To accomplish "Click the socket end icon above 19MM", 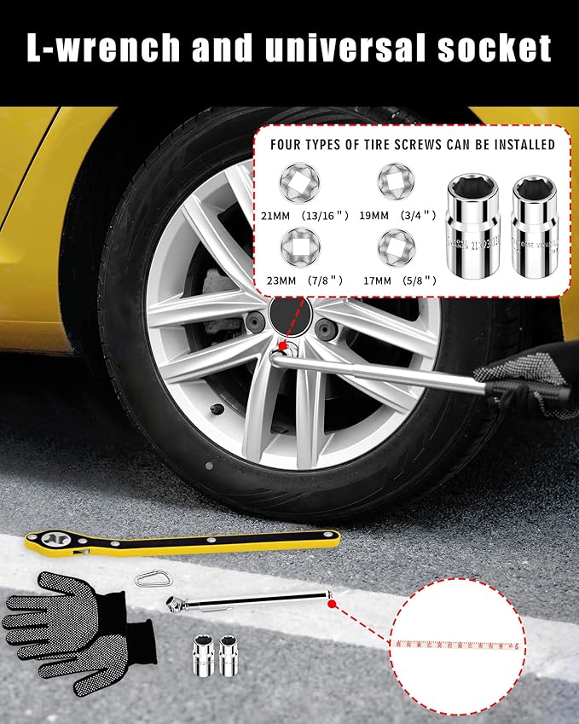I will pyautogui.click(x=395, y=181).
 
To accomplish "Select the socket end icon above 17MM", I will pyautogui.click(x=395, y=246).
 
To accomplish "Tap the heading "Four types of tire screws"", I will pyautogui.click(x=413, y=144).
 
